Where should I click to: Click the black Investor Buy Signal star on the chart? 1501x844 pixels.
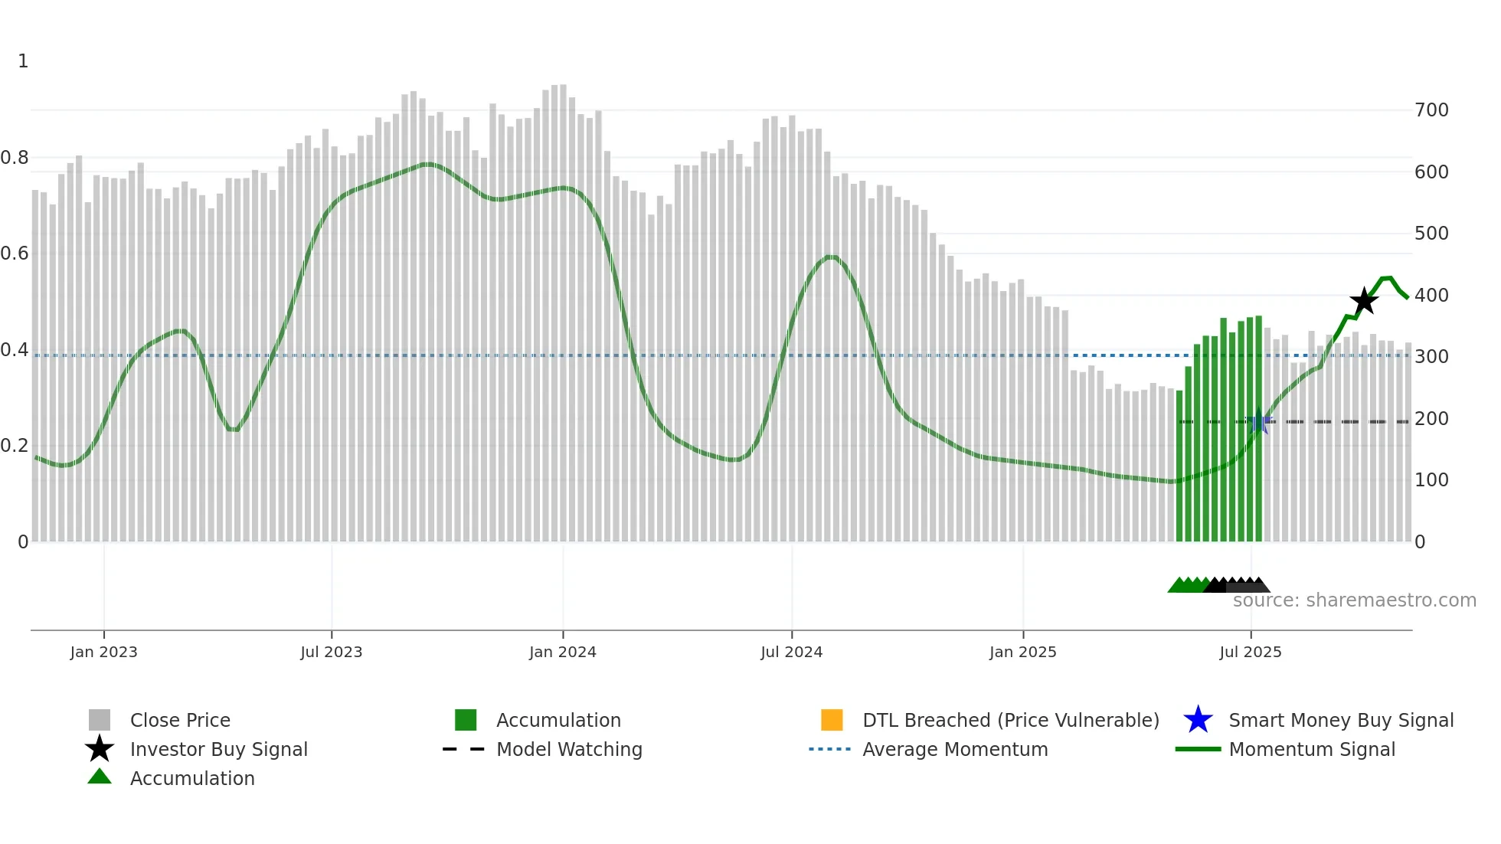[1364, 301]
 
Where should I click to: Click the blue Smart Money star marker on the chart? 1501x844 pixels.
[1258, 421]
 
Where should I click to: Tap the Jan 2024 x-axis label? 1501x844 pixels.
[562, 652]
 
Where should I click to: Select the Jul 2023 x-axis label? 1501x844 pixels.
[331, 652]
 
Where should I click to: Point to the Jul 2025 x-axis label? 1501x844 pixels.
[1250, 652]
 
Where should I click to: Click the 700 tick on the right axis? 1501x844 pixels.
[1431, 110]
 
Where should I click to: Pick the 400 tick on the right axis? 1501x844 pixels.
[1431, 295]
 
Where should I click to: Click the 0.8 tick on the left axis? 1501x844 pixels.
[15, 158]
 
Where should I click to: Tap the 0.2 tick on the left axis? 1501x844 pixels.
[15, 446]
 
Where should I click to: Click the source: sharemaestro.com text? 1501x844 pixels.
[1354, 600]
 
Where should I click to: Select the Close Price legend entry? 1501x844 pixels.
[180, 720]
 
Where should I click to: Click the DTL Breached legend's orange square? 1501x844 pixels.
[832, 720]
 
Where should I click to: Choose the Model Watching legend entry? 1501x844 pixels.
[569, 749]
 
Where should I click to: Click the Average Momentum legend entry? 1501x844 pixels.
[955, 749]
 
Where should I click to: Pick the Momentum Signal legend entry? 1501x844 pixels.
[1312, 749]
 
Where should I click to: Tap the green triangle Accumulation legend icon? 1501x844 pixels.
[100, 777]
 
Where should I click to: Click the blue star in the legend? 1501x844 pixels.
[1198, 720]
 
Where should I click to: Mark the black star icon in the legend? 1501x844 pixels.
[100, 749]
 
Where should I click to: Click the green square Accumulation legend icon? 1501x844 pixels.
[466, 720]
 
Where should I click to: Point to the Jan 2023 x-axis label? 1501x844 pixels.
[103, 652]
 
